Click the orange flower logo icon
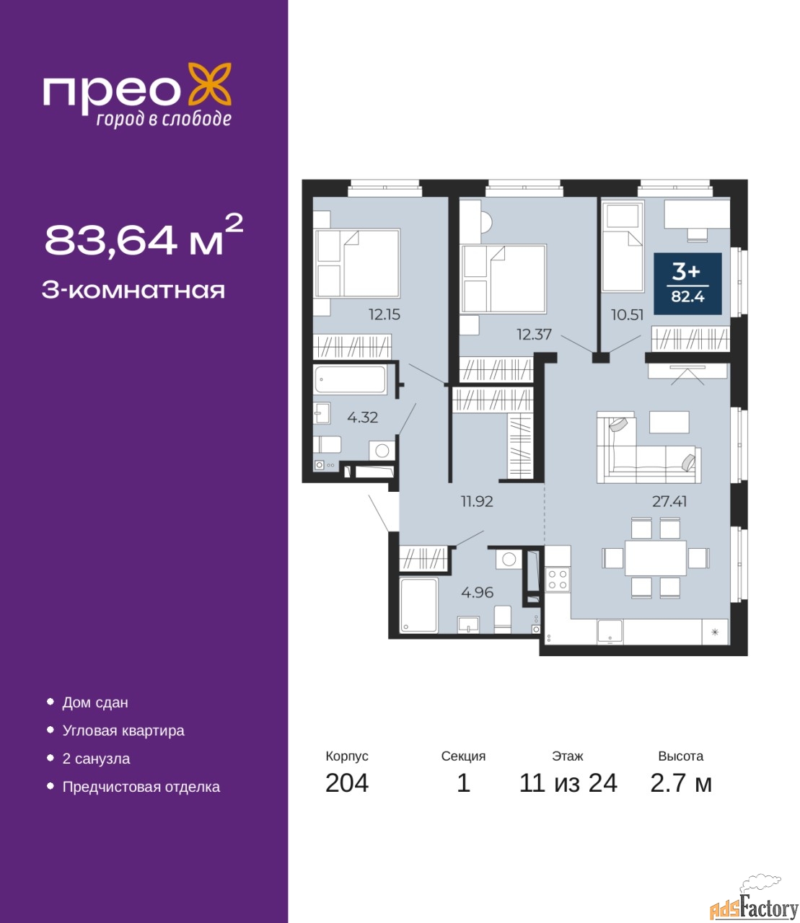point(209,84)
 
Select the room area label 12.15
point(384,315)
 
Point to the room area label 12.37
point(535,335)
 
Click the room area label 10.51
point(627,315)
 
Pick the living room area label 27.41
point(669,501)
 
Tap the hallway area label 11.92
point(477,501)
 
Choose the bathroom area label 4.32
point(362,418)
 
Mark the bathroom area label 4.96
point(477,593)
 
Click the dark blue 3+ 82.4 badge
point(687,283)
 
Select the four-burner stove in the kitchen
point(558,580)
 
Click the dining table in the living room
point(655,557)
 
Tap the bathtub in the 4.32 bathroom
point(350,379)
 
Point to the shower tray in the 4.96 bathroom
point(418,605)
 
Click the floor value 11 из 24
point(568,783)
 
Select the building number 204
point(347,783)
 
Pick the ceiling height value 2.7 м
point(681,783)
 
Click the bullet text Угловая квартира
point(123,730)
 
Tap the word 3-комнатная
point(133,291)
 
